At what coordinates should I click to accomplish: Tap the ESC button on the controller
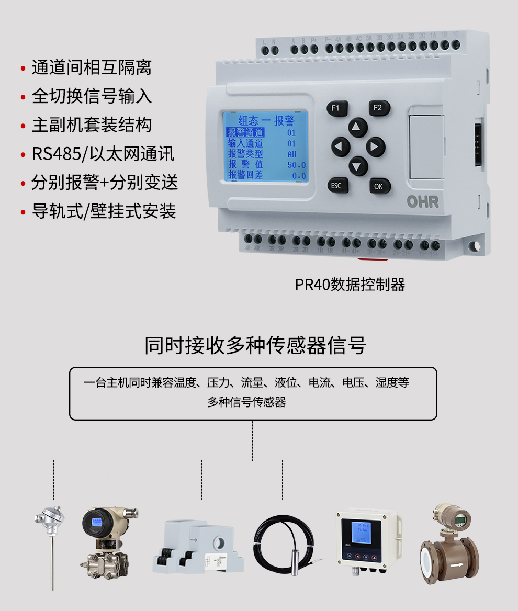tap(336, 185)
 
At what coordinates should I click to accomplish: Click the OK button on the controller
tap(379, 186)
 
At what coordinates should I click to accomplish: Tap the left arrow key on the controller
tap(341, 147)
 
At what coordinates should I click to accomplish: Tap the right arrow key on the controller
tap(375, 147)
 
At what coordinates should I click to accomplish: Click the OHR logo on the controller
tap(423, 202)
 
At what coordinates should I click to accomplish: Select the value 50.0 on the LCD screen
tap(296, 165)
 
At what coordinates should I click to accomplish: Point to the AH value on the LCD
tap(291, 154)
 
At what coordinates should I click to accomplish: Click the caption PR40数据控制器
tap(350, 285)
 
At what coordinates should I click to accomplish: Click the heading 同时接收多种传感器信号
tap(255, 346)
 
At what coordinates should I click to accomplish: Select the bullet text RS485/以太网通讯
tap(103, 154)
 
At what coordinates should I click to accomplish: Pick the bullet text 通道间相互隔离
tap(92, 67)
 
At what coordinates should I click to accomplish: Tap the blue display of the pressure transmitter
tap(97, 522)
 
